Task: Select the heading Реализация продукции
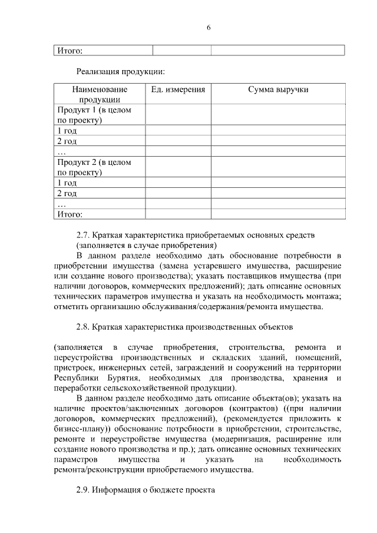[x=120, y=72]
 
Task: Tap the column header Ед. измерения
[x=178, y=90]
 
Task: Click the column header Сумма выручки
[x=278, y=90]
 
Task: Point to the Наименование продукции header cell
[x=100, y=94]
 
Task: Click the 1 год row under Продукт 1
[x=67, y=131]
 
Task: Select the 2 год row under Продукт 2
[x=67, y=193]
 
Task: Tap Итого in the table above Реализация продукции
[x=70, y=50]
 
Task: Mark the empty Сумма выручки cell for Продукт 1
[x=278, y=115]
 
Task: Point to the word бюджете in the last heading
[x=169, y=490]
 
